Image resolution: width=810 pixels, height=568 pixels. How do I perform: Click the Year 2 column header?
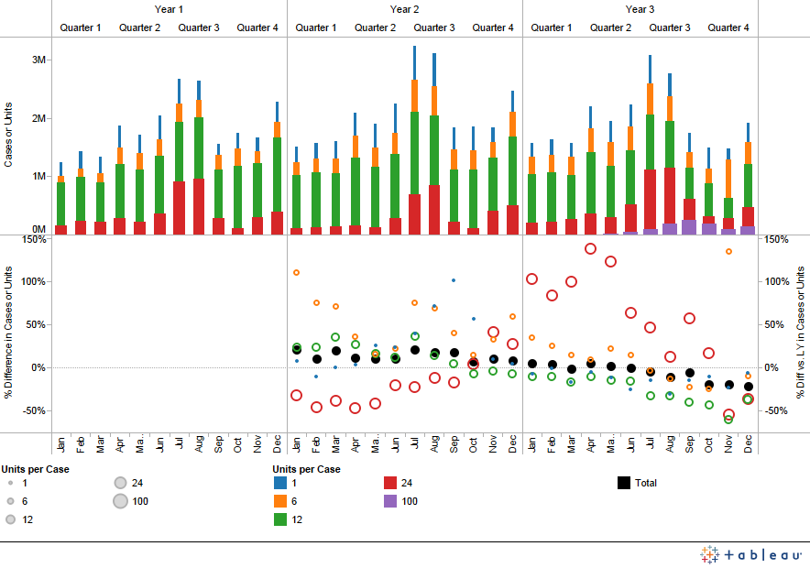point(404,9)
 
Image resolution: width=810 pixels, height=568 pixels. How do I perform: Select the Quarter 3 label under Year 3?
point(670,27)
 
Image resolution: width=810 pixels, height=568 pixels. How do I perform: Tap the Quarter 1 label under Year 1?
point(81,27)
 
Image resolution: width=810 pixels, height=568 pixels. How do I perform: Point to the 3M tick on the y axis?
point(38,60)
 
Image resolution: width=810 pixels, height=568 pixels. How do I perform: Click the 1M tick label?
point(38,175)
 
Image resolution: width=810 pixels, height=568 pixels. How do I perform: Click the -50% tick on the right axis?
point(775,411)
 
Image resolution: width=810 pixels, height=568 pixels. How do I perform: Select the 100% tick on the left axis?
point(33,281)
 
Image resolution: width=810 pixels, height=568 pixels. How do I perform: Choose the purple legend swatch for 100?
point(389,501)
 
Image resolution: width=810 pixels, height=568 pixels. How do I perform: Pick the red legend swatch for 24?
point(389,483)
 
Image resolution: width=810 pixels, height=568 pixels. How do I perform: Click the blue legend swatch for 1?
point(279,483)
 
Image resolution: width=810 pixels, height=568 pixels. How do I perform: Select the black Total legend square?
point(624,483)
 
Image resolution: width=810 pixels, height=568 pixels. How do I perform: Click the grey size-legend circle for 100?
point(121,501)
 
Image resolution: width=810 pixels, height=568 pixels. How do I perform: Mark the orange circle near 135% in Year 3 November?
point(729,251)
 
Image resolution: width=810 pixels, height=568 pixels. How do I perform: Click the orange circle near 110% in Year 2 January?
point(297,272)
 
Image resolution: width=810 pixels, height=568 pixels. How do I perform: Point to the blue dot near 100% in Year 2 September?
point(454,280)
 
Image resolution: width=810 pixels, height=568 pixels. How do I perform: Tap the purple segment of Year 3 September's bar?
point(689,227)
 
